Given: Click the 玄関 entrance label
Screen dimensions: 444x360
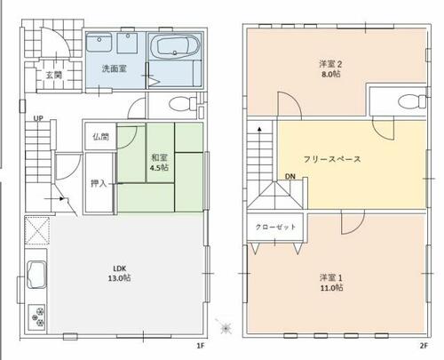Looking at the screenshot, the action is (53, 75).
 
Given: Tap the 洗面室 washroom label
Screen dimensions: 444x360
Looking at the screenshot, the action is (115, 68).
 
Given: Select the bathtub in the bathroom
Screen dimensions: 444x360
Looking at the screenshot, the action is (174, 46).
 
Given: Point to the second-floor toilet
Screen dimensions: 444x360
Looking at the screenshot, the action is (412, 101).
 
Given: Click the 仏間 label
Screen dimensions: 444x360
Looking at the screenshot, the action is (100, 137).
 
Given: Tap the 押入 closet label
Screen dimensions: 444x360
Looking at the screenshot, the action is (99, 183).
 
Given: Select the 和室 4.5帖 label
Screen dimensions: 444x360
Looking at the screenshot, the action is (160, 163).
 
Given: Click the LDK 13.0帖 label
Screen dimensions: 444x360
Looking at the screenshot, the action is (120, 273).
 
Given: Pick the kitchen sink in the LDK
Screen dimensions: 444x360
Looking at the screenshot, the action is (36, 275).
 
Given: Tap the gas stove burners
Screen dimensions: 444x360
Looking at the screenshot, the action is (36, 317).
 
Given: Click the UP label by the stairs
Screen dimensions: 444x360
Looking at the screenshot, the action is (38, 118).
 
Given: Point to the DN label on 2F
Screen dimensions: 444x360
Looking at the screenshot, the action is (290, 177).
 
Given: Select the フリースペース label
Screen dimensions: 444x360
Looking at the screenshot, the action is (332, 159).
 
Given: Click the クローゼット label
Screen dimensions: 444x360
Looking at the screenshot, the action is (275, 228).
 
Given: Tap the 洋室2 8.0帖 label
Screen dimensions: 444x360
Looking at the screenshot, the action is (331, 68).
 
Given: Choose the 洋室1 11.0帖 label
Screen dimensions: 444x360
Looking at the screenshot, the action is (331, 283).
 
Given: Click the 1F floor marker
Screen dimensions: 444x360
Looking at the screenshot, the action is (201, 346).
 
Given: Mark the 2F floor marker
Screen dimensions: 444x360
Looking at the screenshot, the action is (424, 346).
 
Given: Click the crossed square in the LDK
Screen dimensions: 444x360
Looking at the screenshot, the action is (36, 230).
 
